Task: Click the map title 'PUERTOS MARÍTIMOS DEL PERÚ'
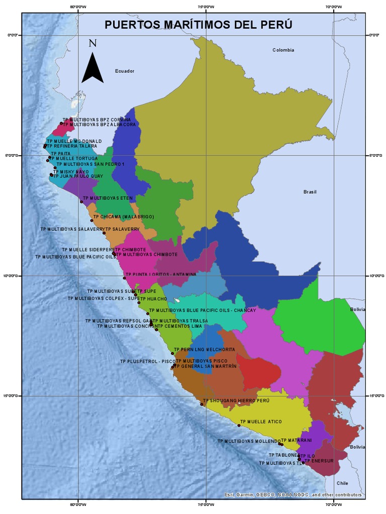(198, 25)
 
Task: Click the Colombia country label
(283, 50)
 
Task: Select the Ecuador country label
(124, 71)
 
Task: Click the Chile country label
(342, 483)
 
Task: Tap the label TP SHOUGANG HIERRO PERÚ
(236, 401)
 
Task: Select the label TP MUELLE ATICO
(261, 422)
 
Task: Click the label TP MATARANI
(296, 440)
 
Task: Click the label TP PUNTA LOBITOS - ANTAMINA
(161, 275)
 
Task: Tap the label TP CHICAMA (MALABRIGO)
(123, 217)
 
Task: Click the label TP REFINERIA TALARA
(72, 146)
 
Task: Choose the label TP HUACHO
(153, 299)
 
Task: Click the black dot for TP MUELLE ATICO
(239, 426)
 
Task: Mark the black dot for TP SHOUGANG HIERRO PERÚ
(202, 404)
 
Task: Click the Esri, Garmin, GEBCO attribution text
(293, 495)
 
